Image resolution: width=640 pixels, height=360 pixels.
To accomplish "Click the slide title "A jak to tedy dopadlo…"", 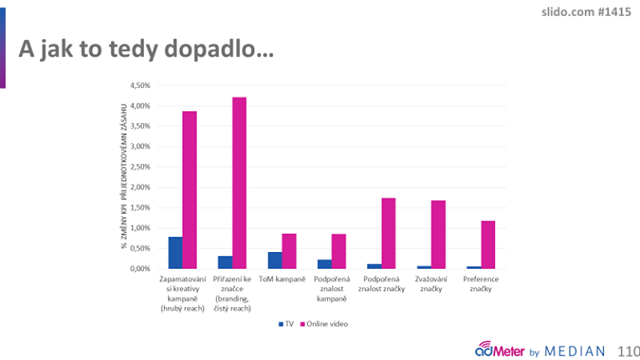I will click(146, 50).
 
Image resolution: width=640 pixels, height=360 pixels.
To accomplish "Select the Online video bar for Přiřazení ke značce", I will click(240, 183).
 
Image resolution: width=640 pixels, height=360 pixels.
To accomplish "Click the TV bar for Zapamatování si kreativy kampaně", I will click(175, 253).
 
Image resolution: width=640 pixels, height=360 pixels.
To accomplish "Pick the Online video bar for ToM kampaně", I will click(290, 251).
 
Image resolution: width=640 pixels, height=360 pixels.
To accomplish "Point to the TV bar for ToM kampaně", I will click(275, 260).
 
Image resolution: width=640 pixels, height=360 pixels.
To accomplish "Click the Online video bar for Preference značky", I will click(488, 245).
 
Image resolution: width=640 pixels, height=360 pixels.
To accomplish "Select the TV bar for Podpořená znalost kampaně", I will click(325, 264).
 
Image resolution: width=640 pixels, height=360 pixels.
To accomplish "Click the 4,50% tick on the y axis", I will click(139, 85).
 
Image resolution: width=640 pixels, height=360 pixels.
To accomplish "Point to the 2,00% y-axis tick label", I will click(139, 187).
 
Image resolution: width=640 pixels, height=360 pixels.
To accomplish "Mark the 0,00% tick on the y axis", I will click(139, 269).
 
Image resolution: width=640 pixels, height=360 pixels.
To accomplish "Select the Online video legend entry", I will click(325, 324).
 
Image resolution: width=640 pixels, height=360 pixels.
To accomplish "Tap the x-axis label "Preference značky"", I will click(480, 282).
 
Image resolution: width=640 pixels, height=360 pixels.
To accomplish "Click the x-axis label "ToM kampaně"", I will click(282, 278).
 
